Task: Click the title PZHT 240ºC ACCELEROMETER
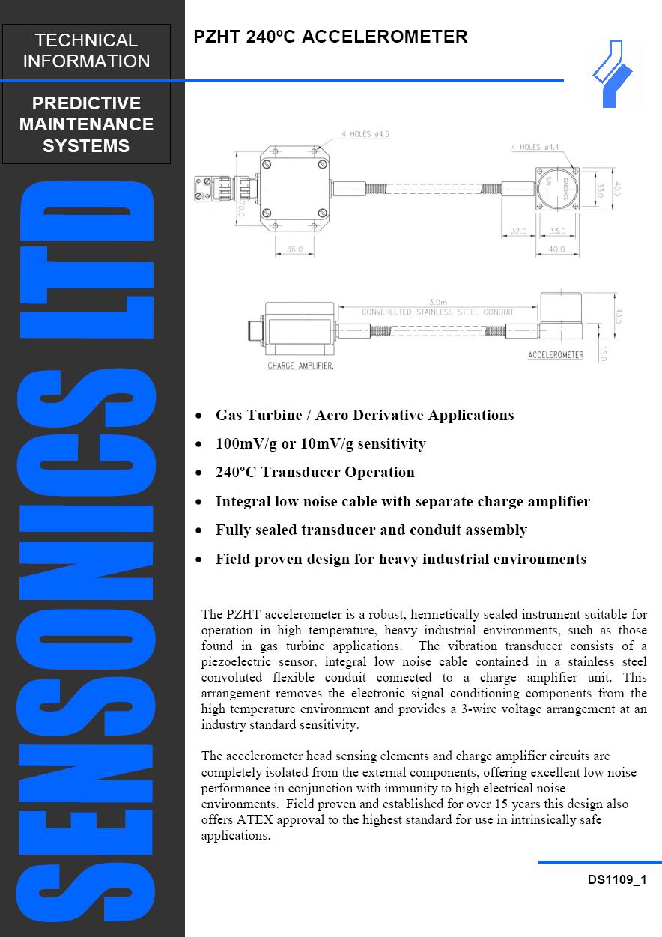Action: tap(330, 37)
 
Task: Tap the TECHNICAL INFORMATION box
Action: tap(86, 51)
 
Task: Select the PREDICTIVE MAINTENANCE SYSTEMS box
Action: tap(86, 124)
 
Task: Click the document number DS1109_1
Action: tap(616, 881)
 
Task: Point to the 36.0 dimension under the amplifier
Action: tap(294, 250)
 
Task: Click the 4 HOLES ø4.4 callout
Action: tap(536, 147)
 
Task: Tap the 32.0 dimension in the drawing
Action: tap(518, 231)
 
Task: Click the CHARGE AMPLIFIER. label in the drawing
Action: tap(300, 366)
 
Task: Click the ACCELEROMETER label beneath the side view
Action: tap(555, 354)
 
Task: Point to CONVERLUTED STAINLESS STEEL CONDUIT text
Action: tap(437, 312)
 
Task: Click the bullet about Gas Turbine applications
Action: tap(364, 415)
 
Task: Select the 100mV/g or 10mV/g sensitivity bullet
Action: tap(321, 443)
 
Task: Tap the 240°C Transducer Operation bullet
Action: tap(315, 473)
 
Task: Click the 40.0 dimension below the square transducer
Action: tap(556, 250)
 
